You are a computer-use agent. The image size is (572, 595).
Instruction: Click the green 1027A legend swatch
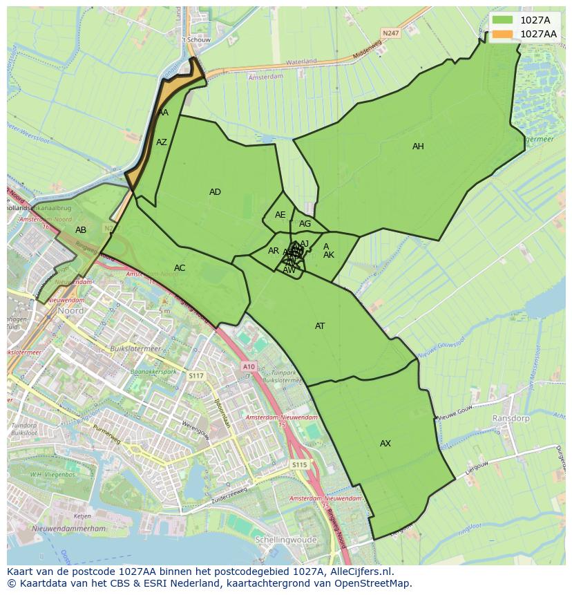pos(503,20)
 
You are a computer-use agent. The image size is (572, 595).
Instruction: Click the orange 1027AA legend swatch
pos(503,34)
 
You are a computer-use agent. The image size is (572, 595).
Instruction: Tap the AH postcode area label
pos(418,147)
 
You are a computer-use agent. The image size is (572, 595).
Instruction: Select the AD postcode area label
pos(215,192)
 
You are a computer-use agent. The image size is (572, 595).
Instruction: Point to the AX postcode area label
pos(385,444)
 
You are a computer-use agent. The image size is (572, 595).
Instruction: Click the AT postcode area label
pos(320,326)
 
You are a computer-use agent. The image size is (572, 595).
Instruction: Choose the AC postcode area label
pos(180,268)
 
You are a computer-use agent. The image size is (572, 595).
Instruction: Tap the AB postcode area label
pos(81,230)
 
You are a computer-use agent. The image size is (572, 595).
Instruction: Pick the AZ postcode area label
pos(162,142)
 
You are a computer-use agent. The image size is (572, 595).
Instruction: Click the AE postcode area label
pos(280,215)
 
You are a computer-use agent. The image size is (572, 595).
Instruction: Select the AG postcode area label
pos(305,224)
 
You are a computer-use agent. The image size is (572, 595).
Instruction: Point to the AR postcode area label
pos(274,251)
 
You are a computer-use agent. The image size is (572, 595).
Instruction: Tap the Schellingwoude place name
pos(285,540)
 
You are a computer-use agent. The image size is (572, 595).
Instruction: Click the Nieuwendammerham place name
pos(72,529)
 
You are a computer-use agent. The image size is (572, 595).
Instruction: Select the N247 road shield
pos(391,32)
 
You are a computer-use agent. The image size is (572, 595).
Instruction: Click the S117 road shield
pos(197,375)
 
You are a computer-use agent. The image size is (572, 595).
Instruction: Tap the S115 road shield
pos(298,465)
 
